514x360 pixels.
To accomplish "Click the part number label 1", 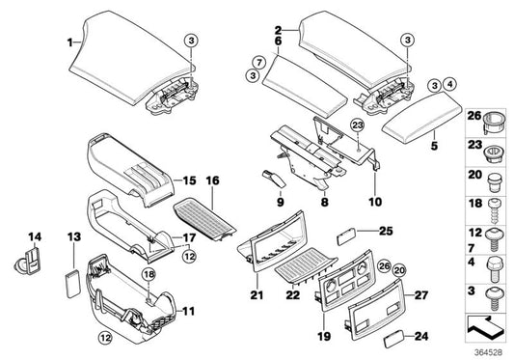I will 69,42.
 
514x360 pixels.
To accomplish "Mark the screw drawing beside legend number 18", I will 492,207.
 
